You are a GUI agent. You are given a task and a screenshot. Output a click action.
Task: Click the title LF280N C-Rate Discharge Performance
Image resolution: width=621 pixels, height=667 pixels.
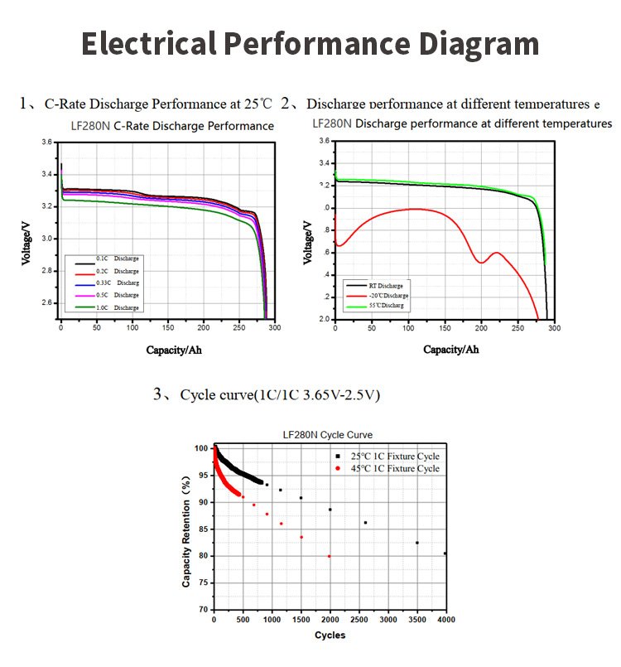coord(172,126)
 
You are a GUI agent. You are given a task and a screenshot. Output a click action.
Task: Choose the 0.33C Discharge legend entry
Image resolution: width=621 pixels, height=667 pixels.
coord(115,283)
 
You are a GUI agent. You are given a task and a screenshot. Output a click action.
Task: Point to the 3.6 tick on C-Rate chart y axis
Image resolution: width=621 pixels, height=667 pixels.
coord(46,143)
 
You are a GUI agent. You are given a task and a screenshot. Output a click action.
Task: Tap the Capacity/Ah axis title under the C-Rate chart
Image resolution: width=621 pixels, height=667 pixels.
coord(174,350)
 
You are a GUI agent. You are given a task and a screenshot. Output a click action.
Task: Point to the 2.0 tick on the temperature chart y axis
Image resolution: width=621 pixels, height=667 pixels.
coord(323,320)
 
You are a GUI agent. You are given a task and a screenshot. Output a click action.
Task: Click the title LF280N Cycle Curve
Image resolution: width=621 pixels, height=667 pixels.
coord(328,434)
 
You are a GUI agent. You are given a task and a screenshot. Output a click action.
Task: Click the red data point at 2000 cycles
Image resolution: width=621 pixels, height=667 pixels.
coord(330,556)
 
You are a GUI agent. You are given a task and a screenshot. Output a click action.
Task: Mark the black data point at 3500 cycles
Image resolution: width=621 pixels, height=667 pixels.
coord(417,543)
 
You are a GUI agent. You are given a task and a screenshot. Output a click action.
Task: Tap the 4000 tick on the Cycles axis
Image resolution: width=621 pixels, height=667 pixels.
coord(446,620)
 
